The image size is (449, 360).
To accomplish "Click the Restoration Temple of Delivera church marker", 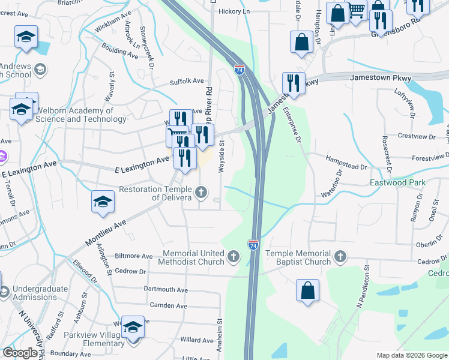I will (202, 193).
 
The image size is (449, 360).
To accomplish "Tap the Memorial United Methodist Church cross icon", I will (234, 257).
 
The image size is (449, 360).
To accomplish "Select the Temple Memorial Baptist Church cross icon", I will (340, 257).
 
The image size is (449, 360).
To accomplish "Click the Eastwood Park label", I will (397, 182).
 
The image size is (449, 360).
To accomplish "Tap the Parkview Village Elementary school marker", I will (133, 328).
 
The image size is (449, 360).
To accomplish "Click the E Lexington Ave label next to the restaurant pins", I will (142, 161).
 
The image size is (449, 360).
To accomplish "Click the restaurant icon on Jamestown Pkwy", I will (294, 82).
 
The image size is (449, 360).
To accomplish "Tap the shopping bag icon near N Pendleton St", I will (307, 290).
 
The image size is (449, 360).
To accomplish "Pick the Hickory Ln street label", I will (234, 11).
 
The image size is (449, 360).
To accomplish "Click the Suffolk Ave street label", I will (187, 81).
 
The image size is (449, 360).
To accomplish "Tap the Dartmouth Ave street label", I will (166, 289).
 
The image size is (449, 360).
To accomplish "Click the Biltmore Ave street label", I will (132, 256).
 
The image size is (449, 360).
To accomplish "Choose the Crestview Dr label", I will (415, 137).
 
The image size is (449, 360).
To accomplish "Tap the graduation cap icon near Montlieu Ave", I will (103, 201).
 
